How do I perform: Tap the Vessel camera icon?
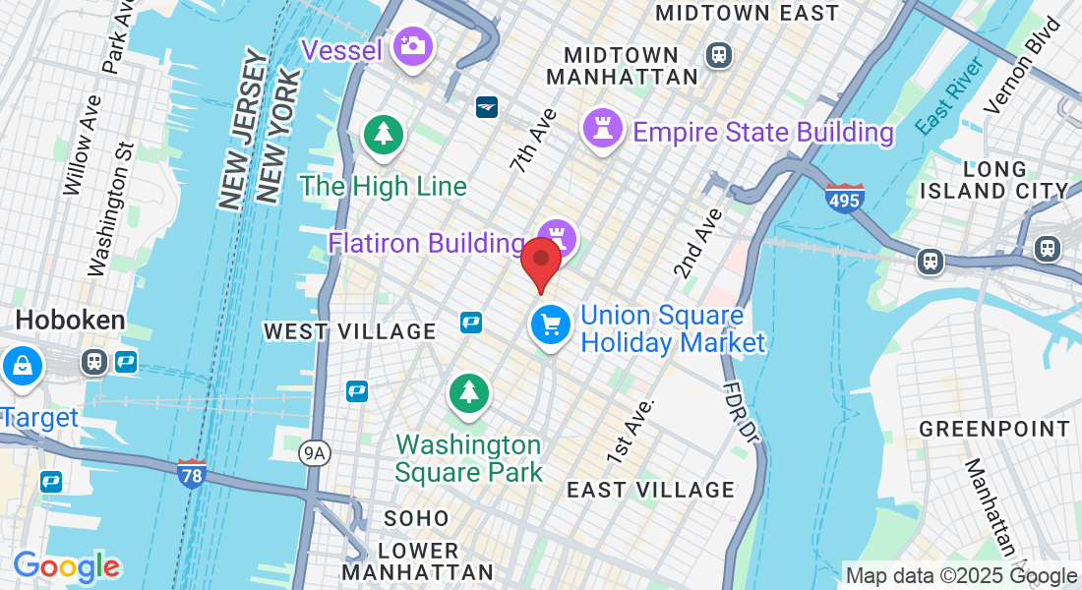click(x=411, y=45)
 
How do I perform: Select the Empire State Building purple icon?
click(x=602, y=128)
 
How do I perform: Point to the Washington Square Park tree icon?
click(x=469, y=392)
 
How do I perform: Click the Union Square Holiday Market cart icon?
click(x=550, y=324)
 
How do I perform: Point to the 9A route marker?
click(x=313, y=452)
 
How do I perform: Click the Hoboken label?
click(x=71, y=321)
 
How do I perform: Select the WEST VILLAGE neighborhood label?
click(x=349, y=332)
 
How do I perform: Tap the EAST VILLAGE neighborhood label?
click(x=650, y=490)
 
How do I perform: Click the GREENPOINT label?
click(x=994, y=429)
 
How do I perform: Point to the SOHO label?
click(x=416, y=518)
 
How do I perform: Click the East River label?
click(x=949, y=96)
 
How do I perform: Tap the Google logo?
click(x=67, y=566)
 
